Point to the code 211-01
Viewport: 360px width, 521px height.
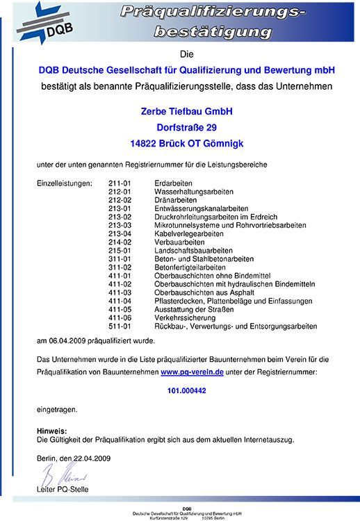tap(120, 183)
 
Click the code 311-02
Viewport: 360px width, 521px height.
tap(120, 267)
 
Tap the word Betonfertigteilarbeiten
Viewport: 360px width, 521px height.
tap(190, 267)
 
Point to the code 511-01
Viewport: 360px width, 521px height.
tap(120, 326)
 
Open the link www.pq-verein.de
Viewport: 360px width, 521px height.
tap(192, 373)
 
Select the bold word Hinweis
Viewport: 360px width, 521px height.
tap(51, 431)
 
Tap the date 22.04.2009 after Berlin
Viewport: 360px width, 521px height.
tap(92, 458)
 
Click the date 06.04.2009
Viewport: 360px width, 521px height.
tap(65, 340)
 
